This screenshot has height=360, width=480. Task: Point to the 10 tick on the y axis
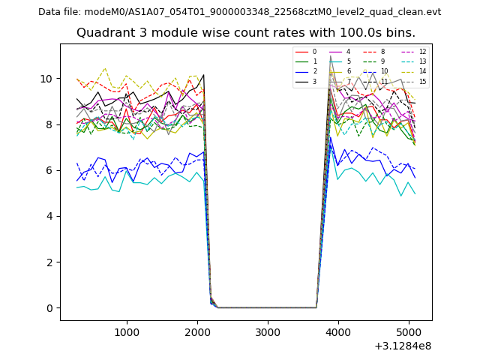point(46,79)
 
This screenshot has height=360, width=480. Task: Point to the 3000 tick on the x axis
point(268,332)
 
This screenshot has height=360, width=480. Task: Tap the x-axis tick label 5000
point(409,332)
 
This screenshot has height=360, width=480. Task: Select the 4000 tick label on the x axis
point(338,332)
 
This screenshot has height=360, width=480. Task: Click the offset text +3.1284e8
point(402,346)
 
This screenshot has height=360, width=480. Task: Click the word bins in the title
point(400,33)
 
